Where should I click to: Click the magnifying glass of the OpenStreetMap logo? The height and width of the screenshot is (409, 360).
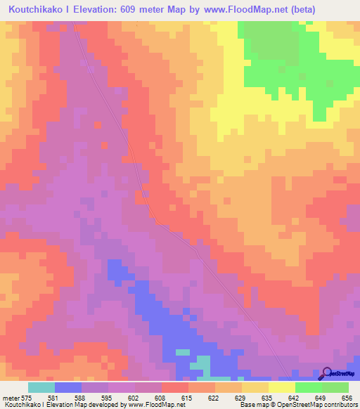pyautogui.click(x=326, y=375)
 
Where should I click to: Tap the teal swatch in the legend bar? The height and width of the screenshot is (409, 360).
pyautogui.click(x=41, y=387)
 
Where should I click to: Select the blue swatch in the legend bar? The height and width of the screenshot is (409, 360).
pyautogui.click(x=68, y=387)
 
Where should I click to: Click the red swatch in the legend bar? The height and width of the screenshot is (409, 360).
pyautogui.click(x=175, y=387)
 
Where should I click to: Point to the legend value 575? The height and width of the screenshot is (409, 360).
pyautogui.click(x=25, y=397)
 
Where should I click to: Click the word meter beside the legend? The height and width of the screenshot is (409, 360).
pyautogui.click(x=9, y=397)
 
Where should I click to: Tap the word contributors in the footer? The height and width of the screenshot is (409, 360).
pyautogui.click(x=337, y=405)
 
